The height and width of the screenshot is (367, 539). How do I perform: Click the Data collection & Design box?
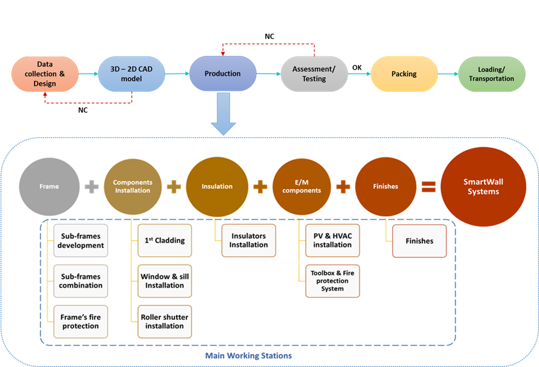45,74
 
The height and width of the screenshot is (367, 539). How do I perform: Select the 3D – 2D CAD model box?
132,74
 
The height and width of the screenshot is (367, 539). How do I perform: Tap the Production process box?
223,74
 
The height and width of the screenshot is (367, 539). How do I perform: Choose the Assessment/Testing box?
314,74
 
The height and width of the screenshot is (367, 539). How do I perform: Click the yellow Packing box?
404,74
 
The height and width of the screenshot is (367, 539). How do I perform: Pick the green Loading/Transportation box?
491,74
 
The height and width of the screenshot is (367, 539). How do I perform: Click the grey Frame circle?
49,186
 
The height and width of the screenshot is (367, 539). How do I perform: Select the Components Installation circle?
132,186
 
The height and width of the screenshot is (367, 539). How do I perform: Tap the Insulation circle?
217,186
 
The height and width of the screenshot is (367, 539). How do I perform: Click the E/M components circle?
302,186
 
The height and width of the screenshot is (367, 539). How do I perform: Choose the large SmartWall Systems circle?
483,187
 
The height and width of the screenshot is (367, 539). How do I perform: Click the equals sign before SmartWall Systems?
428,187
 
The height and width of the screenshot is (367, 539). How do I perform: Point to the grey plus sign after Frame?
92,187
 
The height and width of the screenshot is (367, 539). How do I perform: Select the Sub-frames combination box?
80,281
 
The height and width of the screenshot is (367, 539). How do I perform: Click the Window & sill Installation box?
164,281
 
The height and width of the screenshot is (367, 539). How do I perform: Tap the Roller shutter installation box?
164,322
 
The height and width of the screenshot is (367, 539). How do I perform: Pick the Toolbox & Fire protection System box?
332,281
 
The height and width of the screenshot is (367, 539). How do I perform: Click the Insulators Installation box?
248,241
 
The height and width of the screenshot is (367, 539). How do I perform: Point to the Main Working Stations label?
248,356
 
